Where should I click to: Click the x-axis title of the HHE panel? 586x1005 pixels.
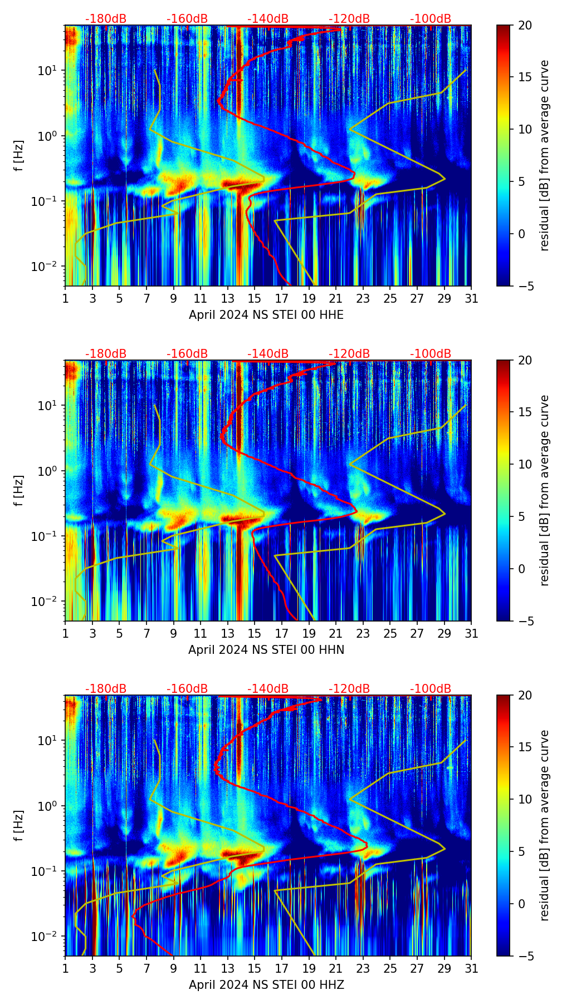(266, 315)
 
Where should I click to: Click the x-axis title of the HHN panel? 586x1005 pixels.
(266, 650)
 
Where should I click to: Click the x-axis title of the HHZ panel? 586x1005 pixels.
(266, 985)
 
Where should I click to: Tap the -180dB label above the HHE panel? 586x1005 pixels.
(106, 19)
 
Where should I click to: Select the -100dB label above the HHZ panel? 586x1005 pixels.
(431, 689)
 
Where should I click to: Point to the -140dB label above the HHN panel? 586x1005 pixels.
(268, 354)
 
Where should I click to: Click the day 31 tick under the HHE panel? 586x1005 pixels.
(471, 299)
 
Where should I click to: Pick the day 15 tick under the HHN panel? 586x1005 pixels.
(255, 634)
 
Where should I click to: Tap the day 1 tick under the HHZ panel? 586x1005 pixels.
(66, 969)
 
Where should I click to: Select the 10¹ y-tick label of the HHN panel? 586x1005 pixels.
(48, 406)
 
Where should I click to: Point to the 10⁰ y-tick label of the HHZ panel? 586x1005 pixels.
(48, 806)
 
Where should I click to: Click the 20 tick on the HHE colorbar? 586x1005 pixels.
(525, 26)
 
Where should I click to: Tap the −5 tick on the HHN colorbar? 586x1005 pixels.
(525, 621)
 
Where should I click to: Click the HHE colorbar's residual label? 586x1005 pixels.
(544, 155)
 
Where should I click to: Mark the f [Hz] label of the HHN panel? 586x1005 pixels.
(19, 490)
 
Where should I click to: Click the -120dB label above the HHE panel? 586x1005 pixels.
(349, 19)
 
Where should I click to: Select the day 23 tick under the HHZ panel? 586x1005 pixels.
(363, 969)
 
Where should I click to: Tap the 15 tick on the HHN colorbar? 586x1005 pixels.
(525, 412)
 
